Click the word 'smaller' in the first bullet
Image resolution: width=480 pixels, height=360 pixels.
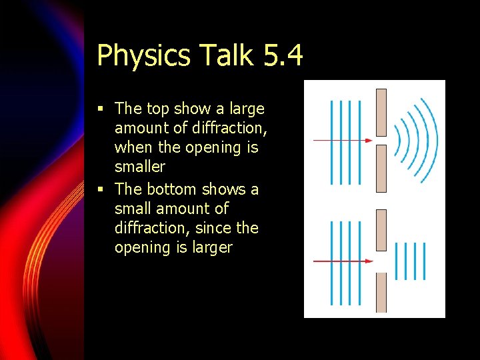139,167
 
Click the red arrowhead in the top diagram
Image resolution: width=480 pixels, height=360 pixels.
368,141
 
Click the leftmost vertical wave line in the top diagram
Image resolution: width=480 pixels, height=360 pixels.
332,141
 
